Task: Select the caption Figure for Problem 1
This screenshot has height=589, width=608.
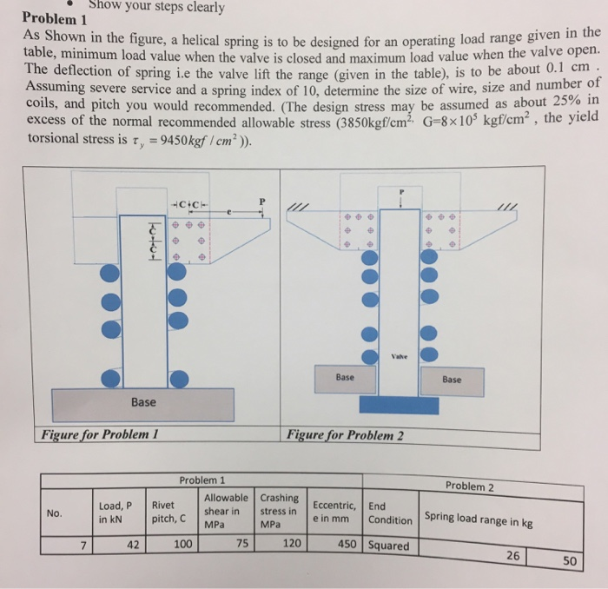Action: [x=97, y=433]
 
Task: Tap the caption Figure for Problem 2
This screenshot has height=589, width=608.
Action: [x=345, y=434]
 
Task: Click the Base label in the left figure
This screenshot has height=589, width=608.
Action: [x=143, y=402]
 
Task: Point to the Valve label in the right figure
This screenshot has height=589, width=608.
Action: [x=400, y=356]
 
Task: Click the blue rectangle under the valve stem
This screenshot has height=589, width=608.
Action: [x=399, y=405]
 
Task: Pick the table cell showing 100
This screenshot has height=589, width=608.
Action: [x=182, y=544]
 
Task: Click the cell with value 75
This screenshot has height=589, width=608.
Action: [x=242, y=544]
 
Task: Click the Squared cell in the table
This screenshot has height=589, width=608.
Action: [x=389, y=546]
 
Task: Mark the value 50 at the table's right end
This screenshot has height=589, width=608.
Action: [x=569, y=560]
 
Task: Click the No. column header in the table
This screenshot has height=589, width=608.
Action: [x=55, y=513]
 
